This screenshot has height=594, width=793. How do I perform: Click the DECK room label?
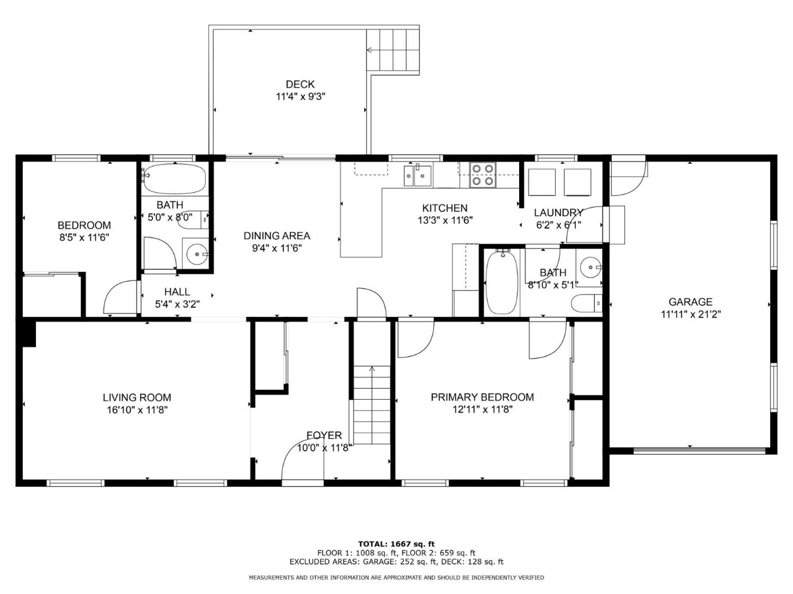pos(300,84)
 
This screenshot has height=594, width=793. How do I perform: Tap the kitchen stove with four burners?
pos(482,175)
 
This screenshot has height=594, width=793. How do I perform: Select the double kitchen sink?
pos(418,176)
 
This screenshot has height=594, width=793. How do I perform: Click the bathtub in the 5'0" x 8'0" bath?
pos(174,179)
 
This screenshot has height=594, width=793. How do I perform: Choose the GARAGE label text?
pos(691,302)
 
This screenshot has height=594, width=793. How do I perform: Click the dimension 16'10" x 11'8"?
pos(137,410)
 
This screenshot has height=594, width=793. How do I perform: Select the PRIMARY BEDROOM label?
pos(482,397)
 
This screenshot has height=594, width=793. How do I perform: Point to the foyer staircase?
pos(372,405)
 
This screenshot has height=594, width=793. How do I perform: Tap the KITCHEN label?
pos(445,208)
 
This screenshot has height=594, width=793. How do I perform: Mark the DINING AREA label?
pos(277,236)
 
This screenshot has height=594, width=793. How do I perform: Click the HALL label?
pos(177,292)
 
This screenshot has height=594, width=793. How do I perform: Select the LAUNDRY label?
pos(558,213)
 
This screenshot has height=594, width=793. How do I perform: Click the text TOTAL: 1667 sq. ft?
pos(396,544)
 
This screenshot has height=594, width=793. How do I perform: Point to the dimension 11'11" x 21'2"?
pos(691,314)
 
